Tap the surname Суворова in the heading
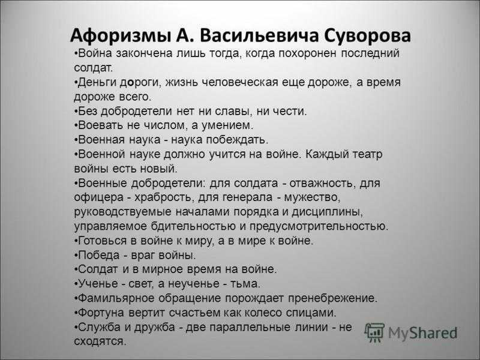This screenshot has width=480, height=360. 367,35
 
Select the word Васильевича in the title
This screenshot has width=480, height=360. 259,35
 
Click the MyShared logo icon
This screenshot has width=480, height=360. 374,332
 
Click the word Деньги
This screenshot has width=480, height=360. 97,83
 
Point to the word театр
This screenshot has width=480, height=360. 367,154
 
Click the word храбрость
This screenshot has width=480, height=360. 164,198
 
